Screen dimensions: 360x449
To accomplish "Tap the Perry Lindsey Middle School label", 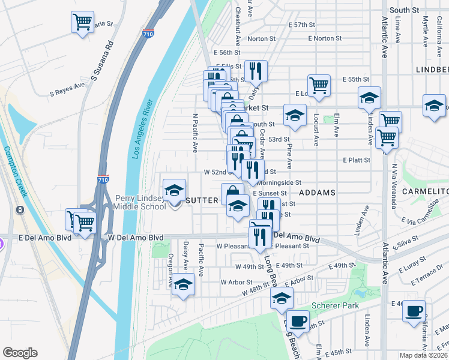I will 140,202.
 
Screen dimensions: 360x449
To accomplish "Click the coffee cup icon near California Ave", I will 414,311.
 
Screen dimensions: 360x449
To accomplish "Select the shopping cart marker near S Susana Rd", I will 82,23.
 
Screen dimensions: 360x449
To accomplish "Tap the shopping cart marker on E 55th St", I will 319,85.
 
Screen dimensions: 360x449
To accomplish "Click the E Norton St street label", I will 325,38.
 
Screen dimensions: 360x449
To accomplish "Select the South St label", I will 404,10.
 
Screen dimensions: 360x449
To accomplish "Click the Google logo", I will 20,353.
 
